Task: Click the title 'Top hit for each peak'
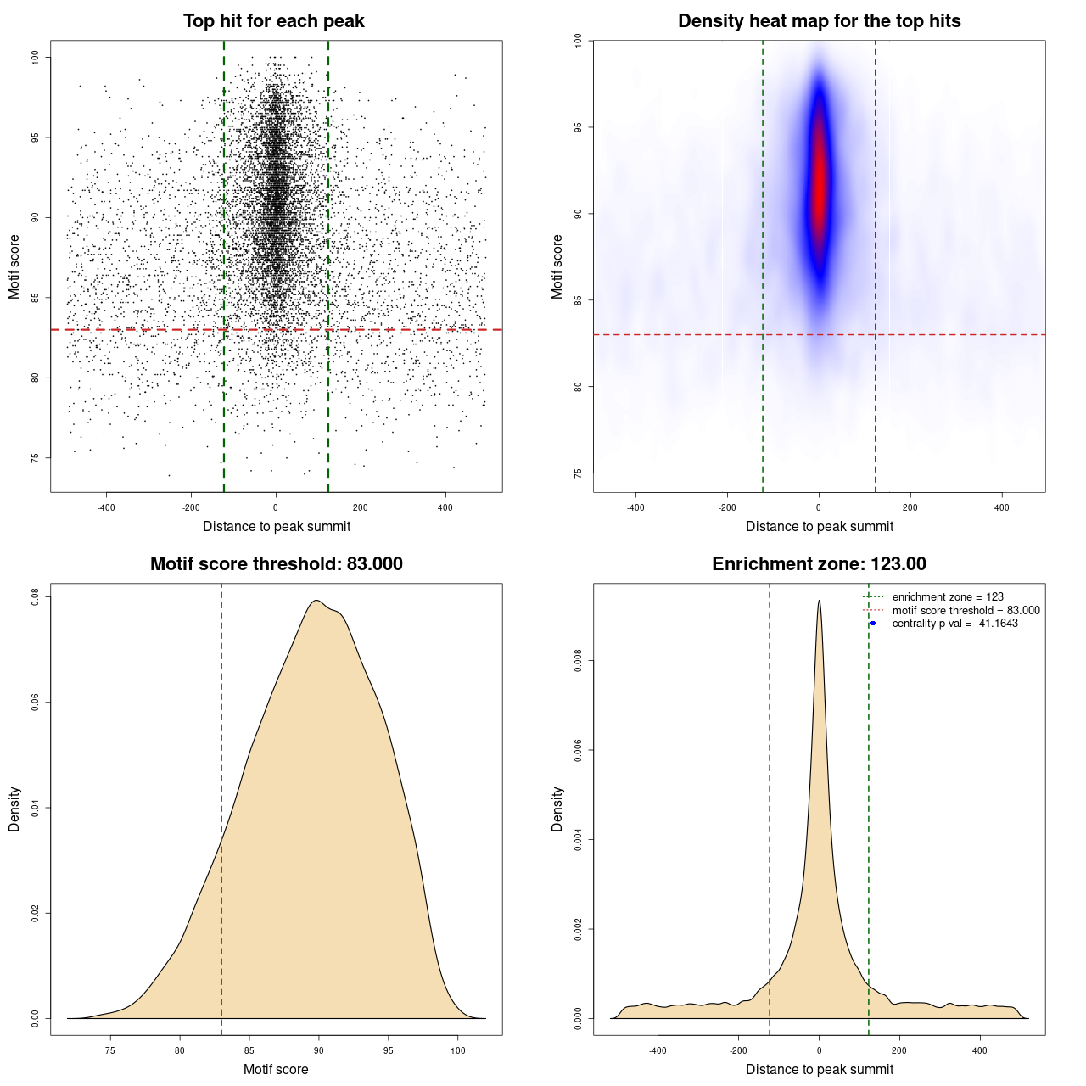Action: point(274,21)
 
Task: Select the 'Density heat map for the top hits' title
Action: point(819,21)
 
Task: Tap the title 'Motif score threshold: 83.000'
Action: point(276,564)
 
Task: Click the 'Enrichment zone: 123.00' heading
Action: point(819,564)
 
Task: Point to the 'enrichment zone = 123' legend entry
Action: point(948,597)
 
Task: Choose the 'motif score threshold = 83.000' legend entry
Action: point(966,611)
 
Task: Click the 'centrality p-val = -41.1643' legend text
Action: point(954,624)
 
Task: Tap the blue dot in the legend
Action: point(873,624)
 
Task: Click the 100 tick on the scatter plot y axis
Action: point(36,57)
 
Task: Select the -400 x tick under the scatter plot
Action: point(106,507)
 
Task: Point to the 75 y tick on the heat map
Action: point(579,473)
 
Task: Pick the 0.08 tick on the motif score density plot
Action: point(36,597)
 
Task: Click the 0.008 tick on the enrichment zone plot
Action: point(579,661)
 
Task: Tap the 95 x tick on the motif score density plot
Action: point(388,1050)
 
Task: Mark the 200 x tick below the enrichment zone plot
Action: point(899,1050)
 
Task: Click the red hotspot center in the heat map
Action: point(819,182)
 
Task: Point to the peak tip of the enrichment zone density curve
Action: point(819,602)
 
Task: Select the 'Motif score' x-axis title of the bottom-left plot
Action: point(276,1069)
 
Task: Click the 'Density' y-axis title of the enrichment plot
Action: point(557,809)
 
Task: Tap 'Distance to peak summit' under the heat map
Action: point(819,526)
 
